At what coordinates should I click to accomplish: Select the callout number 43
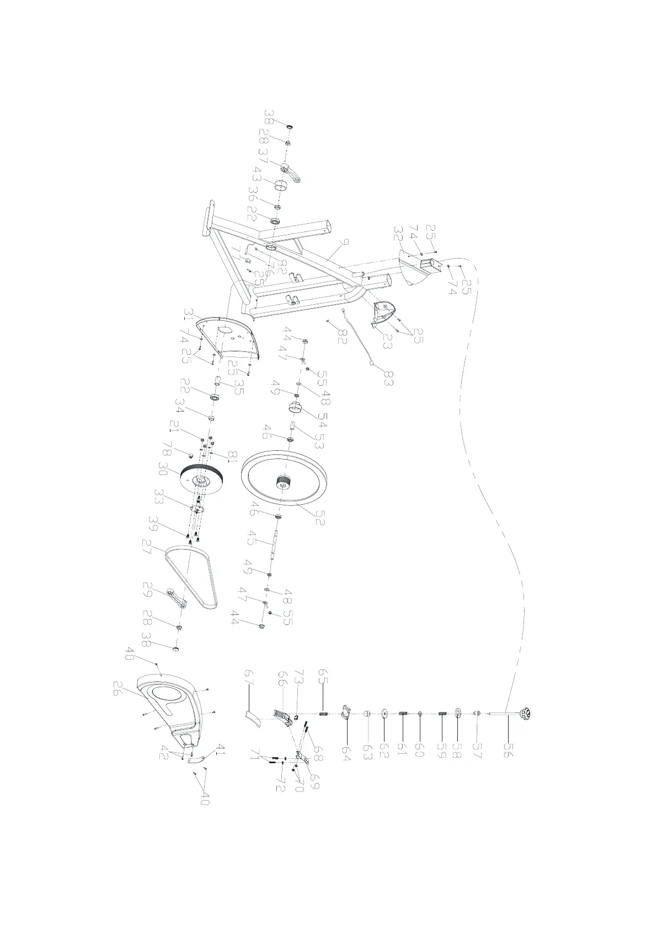(255, 177)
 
